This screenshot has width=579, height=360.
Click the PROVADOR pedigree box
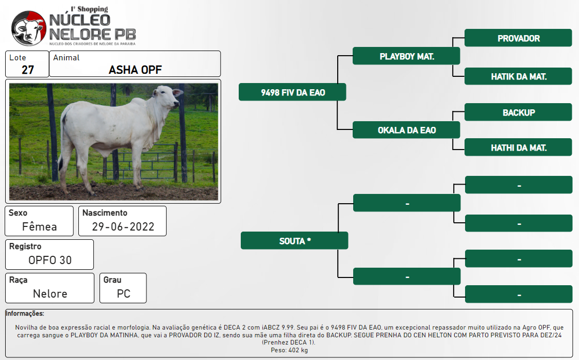tap(518, 38)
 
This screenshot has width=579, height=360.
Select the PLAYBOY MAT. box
tap(406, 56)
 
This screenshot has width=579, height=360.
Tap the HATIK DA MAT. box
tap(518, 76)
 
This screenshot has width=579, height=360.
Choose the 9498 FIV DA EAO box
tap(292, 92)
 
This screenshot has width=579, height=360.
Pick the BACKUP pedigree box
tap(518, 112)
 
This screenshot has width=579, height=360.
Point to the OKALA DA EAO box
tap(406, 130)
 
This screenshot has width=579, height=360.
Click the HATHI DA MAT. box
tap(518, 148)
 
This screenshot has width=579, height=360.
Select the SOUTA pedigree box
tap(294, 241)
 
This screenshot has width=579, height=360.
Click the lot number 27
tap(28, 70)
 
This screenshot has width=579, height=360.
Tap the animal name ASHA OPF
tap(135, 70)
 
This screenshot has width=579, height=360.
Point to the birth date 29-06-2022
tap(123, 226)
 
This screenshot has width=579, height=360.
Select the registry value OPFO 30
tap(50, 260)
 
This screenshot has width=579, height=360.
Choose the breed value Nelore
tap(50, 293)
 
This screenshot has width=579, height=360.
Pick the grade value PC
tap(124, 293)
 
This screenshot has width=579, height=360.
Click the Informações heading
tap(25, 314)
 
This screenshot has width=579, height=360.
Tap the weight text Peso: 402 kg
tap(289, 350)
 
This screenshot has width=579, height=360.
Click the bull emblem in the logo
tap(29, 28)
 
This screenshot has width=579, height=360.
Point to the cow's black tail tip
tap(60, 163)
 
